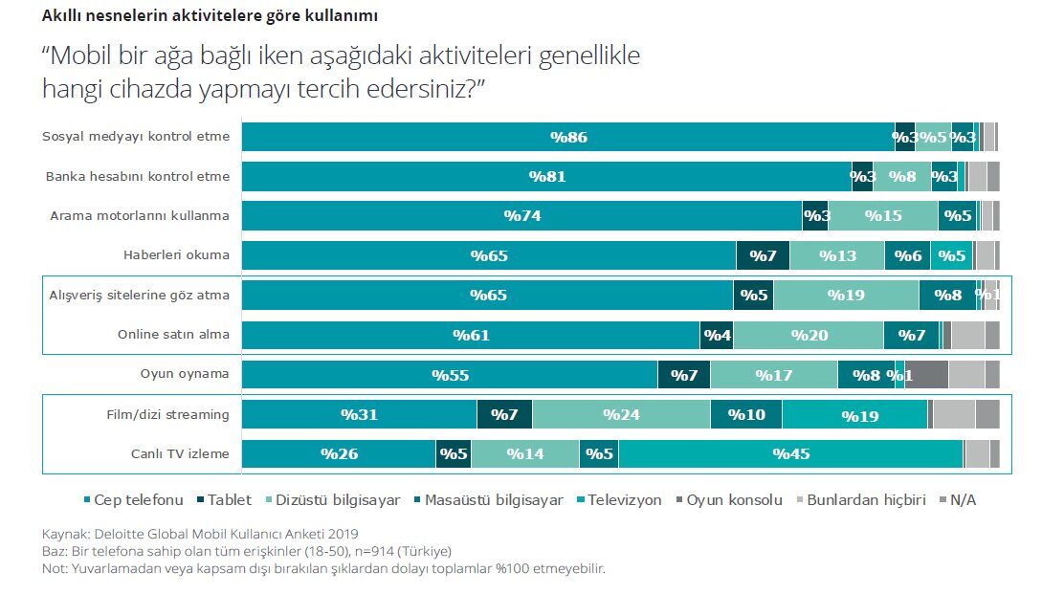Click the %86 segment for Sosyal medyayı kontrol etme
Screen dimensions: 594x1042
tap(567, 137)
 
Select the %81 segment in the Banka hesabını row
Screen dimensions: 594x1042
tap(546, 177)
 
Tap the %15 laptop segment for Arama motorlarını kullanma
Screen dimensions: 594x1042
tap(882, 216)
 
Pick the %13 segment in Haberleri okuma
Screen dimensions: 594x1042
tap(836, 255)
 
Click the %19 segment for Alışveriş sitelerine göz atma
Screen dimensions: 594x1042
tap(846, 296)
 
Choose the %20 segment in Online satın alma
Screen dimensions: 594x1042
tap(809, 335)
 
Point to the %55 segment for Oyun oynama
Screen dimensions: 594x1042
tap(450, 375)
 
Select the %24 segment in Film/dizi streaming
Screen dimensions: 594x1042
tap(621, 415)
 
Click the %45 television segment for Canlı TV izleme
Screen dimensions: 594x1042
tap(790, 453)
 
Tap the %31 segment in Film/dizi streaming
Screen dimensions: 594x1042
tap(359, 415)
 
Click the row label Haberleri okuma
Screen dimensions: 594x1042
tap(176, 255)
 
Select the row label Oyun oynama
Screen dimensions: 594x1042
tap(185, 375)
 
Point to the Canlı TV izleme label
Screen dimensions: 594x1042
tap(180, 453)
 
